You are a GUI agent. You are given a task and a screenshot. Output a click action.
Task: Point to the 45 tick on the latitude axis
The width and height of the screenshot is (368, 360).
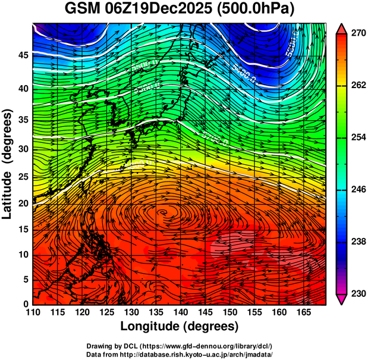(x=22, y=56)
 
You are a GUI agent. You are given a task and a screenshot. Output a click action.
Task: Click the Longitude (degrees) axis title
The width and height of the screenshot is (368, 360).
(x=180, y=327)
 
